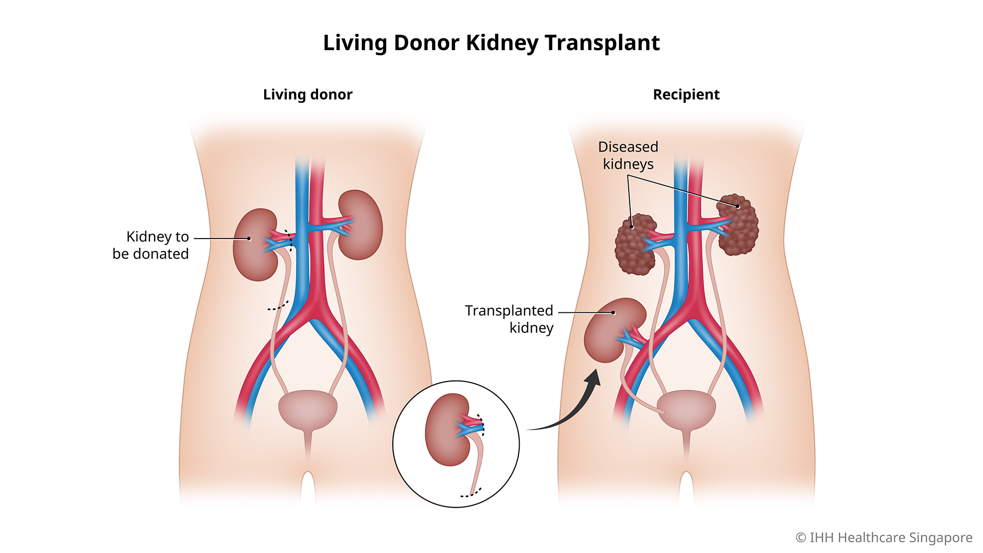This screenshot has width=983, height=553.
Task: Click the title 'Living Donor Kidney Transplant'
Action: [491, 43]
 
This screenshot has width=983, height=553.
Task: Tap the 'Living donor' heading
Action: [308, 95]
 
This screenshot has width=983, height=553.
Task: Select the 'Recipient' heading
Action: [686, 95]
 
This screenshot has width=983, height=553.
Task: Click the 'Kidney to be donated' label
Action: [151, 245]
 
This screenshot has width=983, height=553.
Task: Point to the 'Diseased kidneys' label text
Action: [628, 156]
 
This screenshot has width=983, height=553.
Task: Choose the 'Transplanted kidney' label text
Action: [509, 319]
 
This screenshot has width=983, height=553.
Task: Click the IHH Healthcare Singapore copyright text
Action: [884, 538]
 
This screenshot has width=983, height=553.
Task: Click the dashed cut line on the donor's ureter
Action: [278, 307]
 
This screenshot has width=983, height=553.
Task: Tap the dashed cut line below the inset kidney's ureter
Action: [471, 494]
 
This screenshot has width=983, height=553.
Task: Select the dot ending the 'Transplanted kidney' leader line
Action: [613, 312]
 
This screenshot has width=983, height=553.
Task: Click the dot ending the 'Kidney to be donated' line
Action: [249, 239]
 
